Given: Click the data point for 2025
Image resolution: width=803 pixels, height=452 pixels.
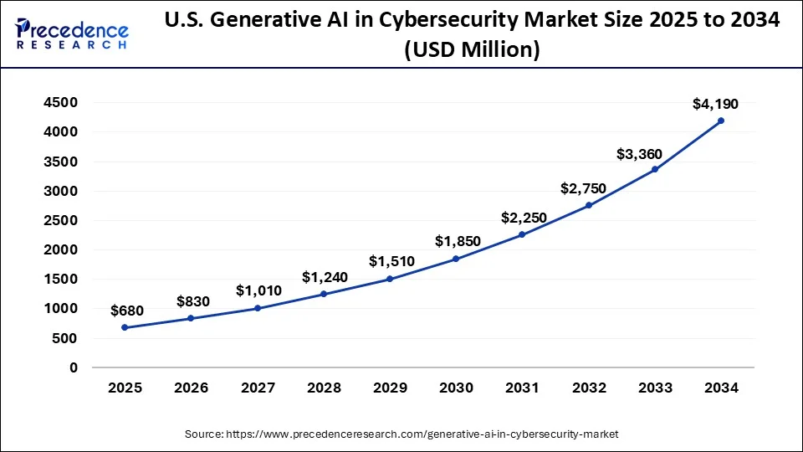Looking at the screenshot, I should (125, 327).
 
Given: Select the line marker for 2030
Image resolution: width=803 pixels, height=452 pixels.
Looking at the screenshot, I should (456, 259).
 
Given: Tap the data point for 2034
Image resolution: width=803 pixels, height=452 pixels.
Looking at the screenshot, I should (721, 121).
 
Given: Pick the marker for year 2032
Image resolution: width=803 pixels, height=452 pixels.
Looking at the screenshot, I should (588, 205).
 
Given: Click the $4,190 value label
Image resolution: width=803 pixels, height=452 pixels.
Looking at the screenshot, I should (715, 104).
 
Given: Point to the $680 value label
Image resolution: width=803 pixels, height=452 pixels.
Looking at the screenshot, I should (127, 311).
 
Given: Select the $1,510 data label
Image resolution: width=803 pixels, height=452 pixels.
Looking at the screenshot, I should (391, 262).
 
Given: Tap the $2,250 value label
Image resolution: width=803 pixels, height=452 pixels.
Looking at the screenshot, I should (524, 218).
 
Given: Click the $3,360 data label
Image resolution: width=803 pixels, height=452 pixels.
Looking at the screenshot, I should (640, 154).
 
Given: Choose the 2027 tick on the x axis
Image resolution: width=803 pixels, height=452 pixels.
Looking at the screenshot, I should (258, 388).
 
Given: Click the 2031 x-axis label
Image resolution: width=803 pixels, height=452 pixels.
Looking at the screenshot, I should (522, 388).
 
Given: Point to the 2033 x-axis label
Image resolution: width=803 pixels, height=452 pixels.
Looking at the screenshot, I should (655, 388).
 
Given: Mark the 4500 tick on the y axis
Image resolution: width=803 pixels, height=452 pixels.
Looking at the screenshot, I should (61, 103).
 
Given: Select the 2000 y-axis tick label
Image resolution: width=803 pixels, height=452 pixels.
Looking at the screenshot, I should (61, 250).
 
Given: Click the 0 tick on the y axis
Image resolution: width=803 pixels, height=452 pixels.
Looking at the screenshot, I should (74, 367).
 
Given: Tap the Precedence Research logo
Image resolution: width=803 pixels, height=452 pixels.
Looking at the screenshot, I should (72, 33).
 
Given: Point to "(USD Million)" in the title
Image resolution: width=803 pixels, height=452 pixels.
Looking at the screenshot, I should (472, 51).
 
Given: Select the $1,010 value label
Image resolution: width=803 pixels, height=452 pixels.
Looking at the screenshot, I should (258, 290).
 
